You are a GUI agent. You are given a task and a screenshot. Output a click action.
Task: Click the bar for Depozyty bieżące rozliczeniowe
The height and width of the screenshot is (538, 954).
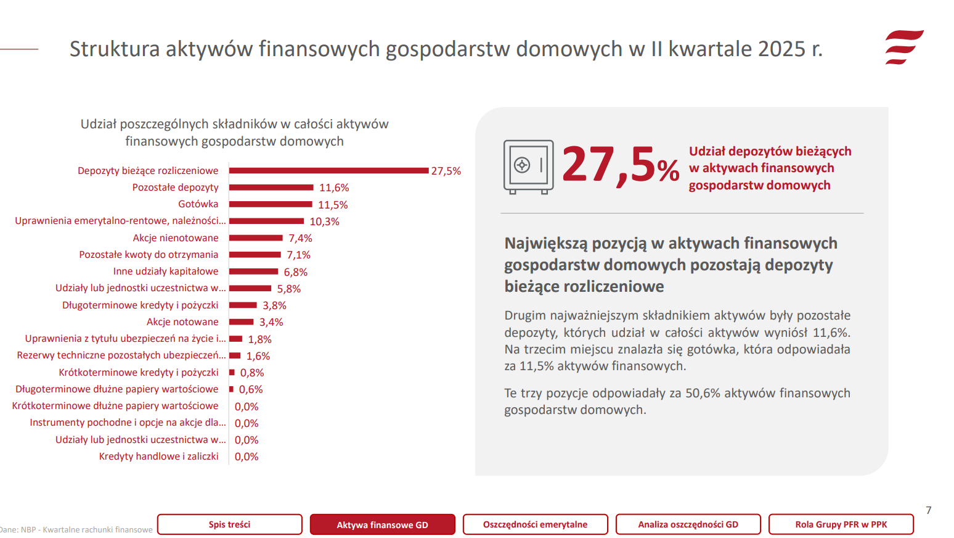point(328,171)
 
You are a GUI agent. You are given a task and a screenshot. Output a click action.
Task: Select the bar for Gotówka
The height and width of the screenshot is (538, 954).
point(271,204)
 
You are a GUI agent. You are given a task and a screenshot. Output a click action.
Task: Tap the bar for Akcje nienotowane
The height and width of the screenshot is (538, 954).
point(256,238)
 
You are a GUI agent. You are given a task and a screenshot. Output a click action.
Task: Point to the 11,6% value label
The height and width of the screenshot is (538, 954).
point(334,188)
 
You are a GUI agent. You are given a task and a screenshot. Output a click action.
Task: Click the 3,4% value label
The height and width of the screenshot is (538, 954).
point(271,322)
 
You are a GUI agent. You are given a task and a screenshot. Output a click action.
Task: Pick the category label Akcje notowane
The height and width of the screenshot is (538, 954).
point(182,322)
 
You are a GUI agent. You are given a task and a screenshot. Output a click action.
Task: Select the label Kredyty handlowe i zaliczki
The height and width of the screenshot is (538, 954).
point(159,457)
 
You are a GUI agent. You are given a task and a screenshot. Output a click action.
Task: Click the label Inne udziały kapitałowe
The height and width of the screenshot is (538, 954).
point(166,271)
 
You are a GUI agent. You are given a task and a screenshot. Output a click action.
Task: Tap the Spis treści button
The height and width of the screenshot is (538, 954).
point(229,524)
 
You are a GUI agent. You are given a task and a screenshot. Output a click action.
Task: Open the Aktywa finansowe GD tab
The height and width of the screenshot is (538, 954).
point(382,524)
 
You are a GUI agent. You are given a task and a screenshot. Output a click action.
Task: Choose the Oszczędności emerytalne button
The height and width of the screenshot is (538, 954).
point(535,524)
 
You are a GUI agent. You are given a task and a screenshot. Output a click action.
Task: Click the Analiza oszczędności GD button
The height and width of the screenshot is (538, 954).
point(688,524)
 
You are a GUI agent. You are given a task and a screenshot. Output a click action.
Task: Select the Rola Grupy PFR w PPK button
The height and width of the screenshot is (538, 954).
point(841,524)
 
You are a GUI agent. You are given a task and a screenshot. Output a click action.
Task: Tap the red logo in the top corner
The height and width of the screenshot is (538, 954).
point(904,48)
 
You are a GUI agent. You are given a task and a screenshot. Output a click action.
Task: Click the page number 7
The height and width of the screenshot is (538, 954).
point(928,510)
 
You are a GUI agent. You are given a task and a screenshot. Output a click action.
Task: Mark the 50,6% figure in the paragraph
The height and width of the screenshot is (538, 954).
point(703,394)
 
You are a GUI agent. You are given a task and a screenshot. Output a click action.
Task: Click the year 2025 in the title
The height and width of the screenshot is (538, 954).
point(781,49)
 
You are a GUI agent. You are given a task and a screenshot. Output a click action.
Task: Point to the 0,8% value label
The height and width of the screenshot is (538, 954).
point(252,373)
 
